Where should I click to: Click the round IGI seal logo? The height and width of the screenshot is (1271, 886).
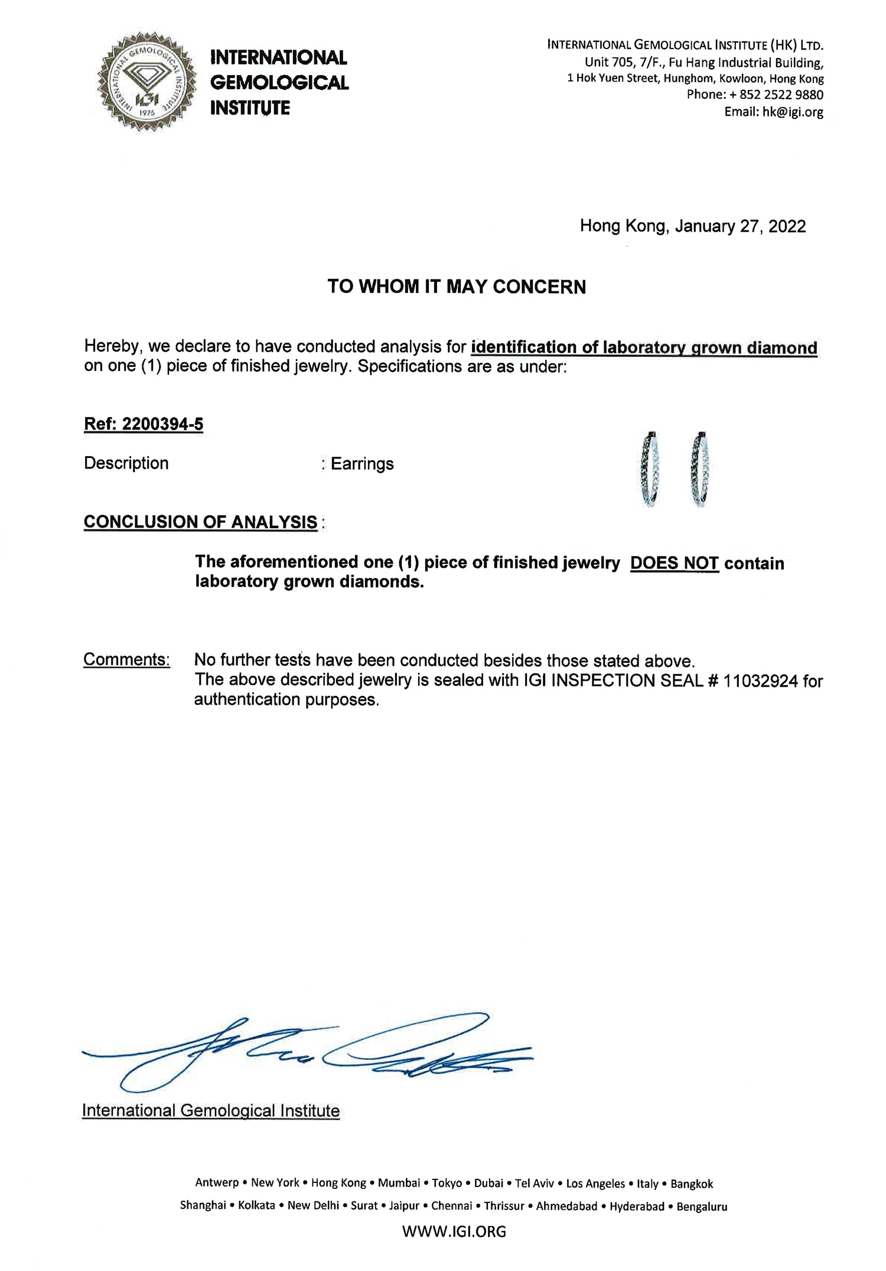pos(146,81)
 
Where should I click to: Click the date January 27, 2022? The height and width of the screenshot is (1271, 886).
pos(741,226)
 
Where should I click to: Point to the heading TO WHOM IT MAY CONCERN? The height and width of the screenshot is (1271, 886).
pos(457,287)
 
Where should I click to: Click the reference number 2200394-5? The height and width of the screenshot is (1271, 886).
pos(162,424)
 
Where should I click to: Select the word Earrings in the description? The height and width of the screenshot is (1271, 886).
pos(362,464)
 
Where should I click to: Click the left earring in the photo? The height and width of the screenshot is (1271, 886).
pos(650,469)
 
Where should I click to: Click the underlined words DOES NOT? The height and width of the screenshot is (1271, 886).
pos(674,563)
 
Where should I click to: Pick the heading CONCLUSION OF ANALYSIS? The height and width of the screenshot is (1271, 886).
pos(201,522)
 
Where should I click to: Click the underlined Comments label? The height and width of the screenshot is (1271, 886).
pos(126,659)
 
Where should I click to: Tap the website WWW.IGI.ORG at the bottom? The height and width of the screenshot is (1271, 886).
pos(454,1231)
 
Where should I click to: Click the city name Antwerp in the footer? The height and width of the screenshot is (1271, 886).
pos(217,1183)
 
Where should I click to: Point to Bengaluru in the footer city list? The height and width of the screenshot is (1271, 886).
pos(702,1206)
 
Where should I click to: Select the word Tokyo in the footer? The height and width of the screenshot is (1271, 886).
pos(447,1183)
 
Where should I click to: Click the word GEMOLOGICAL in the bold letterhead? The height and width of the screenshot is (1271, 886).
pos(279,83)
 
